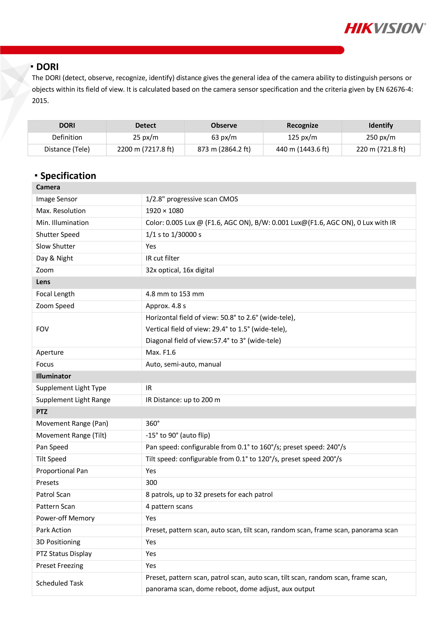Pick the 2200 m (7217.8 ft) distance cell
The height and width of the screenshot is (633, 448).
(146, 149)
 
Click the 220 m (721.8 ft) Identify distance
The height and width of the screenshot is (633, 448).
(381, 149)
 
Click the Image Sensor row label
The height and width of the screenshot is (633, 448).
(57, 199)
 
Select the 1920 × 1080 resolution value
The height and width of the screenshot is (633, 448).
(165, 211)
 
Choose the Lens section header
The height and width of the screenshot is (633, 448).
(43, 282)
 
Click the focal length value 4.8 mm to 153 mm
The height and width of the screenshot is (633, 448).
(175, 294)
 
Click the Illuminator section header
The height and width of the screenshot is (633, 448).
(54, 376)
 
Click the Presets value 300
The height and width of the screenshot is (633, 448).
(151, 483)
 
